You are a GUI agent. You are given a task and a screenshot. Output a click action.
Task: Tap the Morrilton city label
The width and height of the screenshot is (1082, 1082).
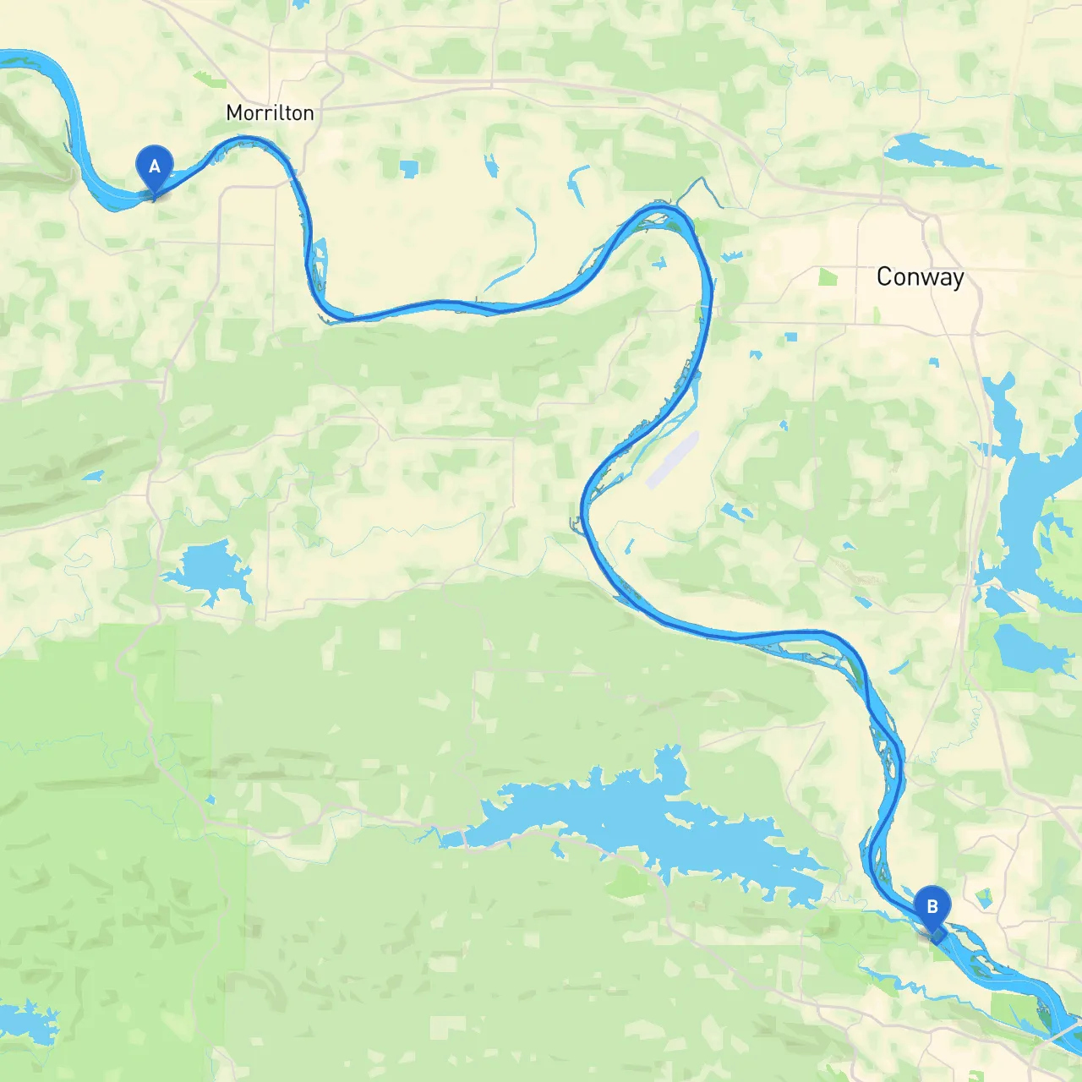[x=270, y=112]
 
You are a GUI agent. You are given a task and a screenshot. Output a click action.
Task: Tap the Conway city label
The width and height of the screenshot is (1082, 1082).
[x=920, y=276]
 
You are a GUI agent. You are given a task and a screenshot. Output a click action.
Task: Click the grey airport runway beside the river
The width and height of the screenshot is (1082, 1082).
[x=673, y=460]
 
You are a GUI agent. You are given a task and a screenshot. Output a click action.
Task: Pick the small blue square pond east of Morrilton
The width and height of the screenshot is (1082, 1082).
[x=409, y=168]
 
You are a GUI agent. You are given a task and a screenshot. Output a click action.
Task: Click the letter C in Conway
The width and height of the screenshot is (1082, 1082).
[x=884, y=276]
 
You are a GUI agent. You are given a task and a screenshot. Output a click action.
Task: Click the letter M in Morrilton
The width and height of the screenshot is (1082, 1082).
[x=235, y=112]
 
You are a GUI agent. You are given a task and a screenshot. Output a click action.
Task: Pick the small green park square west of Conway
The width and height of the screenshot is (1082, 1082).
[x=828, y=276]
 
